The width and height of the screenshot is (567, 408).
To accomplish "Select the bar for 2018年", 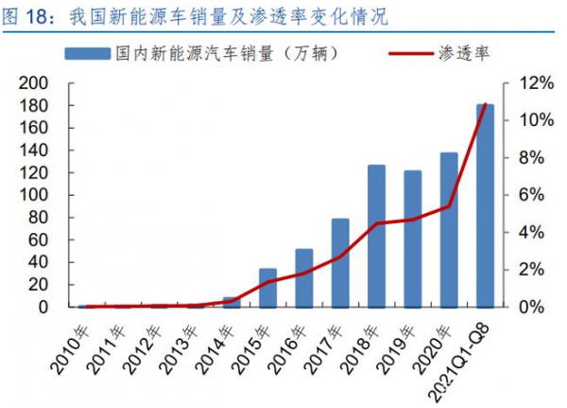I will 376,237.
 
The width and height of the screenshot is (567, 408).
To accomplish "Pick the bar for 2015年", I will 267,288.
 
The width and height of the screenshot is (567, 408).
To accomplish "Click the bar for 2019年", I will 413,239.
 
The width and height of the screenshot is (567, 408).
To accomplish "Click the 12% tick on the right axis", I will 522,83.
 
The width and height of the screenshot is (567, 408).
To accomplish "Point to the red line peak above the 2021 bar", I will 485,104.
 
